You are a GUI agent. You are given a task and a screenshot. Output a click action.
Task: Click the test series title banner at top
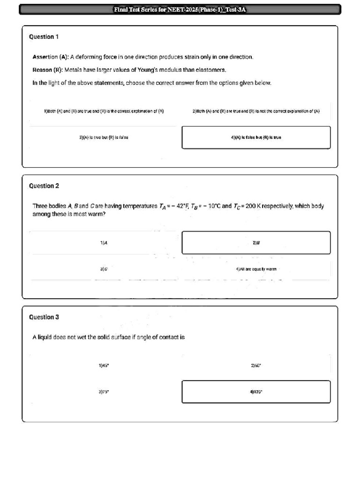point(180,9)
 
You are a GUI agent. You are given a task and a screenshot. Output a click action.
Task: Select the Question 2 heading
point(44,186)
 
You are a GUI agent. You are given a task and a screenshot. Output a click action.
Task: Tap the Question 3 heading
point(44,317)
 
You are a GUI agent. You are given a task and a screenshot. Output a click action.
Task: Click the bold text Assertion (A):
point(50,57)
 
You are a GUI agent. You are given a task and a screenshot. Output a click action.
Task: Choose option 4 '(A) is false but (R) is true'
point(256,138)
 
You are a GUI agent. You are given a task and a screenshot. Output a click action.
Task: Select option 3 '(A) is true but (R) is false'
point(104,138)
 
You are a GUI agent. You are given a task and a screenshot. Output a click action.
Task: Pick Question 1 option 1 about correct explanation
point(104,112)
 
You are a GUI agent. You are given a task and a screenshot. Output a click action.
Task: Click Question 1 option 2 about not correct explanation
point(256,112)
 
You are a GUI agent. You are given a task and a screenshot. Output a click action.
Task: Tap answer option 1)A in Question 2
point(104,243)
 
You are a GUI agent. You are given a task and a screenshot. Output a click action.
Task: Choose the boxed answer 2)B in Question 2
point(256,243)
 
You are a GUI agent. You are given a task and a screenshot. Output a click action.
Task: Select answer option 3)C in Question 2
point(104,270)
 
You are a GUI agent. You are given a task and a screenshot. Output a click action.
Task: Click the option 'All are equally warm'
point(256,270)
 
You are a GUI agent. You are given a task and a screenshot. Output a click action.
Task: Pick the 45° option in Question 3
point(104,365)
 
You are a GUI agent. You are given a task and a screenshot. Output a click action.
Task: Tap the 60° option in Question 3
point(256,365)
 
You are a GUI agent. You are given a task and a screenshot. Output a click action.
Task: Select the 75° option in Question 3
point(104,392)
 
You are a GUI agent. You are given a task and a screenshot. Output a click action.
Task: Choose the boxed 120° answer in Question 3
point(256,392)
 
